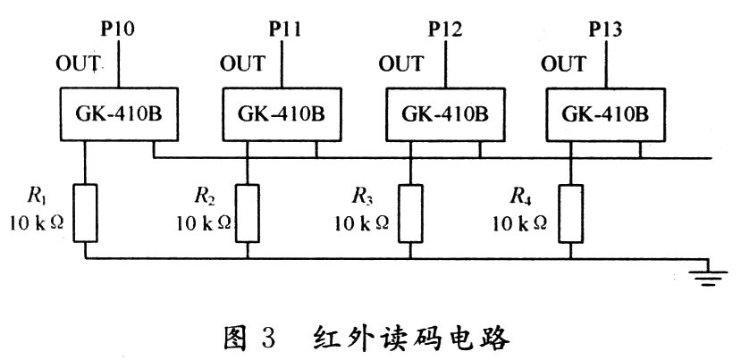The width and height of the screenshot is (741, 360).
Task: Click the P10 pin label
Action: pos(119,29)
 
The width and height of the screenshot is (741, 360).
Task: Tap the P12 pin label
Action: pos(444,29)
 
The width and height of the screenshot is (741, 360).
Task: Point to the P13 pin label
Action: pos(606,29)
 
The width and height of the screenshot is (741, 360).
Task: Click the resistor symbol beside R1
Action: pos(86,213)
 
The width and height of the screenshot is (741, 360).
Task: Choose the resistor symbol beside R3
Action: pos(410,213)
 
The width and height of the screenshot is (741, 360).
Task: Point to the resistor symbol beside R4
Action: pos(570,213)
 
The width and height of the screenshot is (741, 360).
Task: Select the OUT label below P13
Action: pos(563,64)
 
